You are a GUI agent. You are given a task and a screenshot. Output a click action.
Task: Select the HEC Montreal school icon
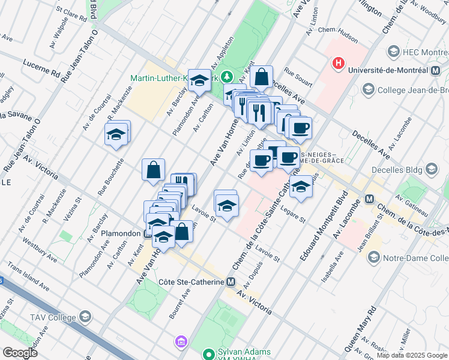click(x=394, y=51)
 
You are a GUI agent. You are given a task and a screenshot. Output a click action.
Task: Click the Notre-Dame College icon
click(x=374, y=258)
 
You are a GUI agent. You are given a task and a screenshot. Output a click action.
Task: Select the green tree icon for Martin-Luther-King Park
click(x=226, y=77)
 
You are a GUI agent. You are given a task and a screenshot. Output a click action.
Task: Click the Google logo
click(x=20, y=353)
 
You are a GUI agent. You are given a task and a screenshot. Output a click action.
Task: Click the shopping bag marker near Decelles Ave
click(x=262, y=77)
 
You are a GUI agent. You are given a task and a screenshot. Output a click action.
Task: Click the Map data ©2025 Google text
click(x=412, y=355)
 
